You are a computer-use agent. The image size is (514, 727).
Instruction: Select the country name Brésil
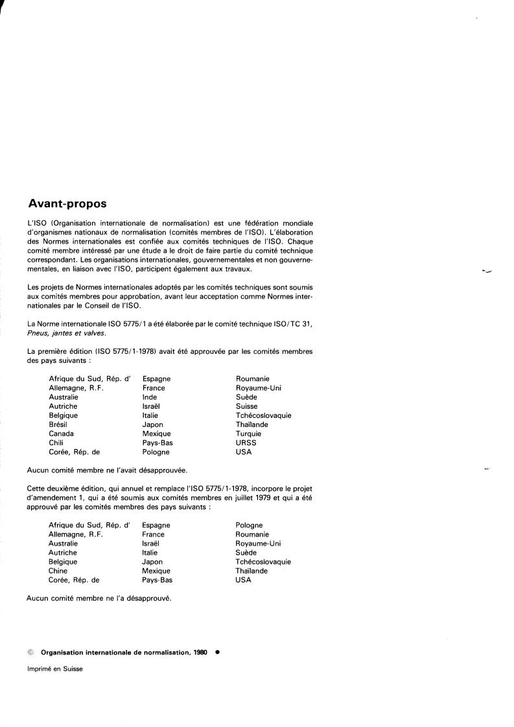tap(59, 424)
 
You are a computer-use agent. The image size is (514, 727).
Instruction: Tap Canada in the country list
tap(61, 433)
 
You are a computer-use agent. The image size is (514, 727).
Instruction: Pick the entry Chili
tap(56, 443)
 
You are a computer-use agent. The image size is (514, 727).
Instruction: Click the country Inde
tap(149, 397)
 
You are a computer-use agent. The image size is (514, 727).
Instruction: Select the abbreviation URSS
tap(246, 443)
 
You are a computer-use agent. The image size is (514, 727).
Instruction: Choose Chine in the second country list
tap(58, 571)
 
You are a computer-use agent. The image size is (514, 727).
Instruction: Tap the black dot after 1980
tap(217, 652)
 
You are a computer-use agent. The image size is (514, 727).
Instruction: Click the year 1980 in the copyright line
tap(200, 652)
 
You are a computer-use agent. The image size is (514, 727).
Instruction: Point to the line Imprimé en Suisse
tap(54, 669)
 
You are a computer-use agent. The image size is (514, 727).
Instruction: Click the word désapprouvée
tap(154, 470)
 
